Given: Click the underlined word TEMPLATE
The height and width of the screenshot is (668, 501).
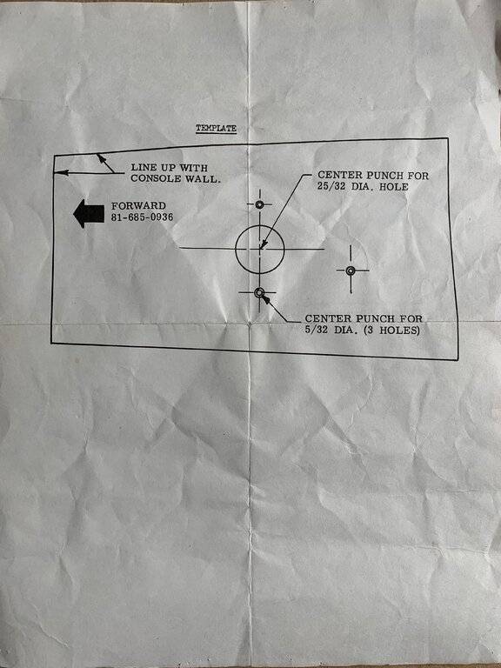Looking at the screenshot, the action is pos(216,128).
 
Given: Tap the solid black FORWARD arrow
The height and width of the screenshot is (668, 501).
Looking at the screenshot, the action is pos(89,213).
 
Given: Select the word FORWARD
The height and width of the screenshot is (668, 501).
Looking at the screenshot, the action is pos(138,206).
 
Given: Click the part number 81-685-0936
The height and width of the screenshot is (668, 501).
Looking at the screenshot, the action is pos(143,217).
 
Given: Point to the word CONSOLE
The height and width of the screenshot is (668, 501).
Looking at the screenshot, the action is pos(156,178).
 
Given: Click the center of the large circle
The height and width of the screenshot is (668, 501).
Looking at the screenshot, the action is pos(259,249).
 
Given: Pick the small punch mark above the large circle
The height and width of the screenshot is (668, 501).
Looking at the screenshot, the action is pos(259,204).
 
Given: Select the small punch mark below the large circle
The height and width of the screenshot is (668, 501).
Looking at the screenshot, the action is pos(259,292).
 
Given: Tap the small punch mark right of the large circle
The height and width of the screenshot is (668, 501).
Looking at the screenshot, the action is pos(351,271).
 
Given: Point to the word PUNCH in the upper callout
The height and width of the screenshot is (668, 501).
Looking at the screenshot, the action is pos(376,175).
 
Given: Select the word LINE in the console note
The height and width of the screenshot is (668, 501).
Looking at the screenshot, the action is pos(144,168).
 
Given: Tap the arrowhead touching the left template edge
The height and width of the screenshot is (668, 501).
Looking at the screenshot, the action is pos(62,172).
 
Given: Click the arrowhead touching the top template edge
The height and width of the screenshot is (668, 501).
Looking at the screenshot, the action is pos(101,158).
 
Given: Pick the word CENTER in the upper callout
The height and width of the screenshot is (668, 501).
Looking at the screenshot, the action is pos(335,175).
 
